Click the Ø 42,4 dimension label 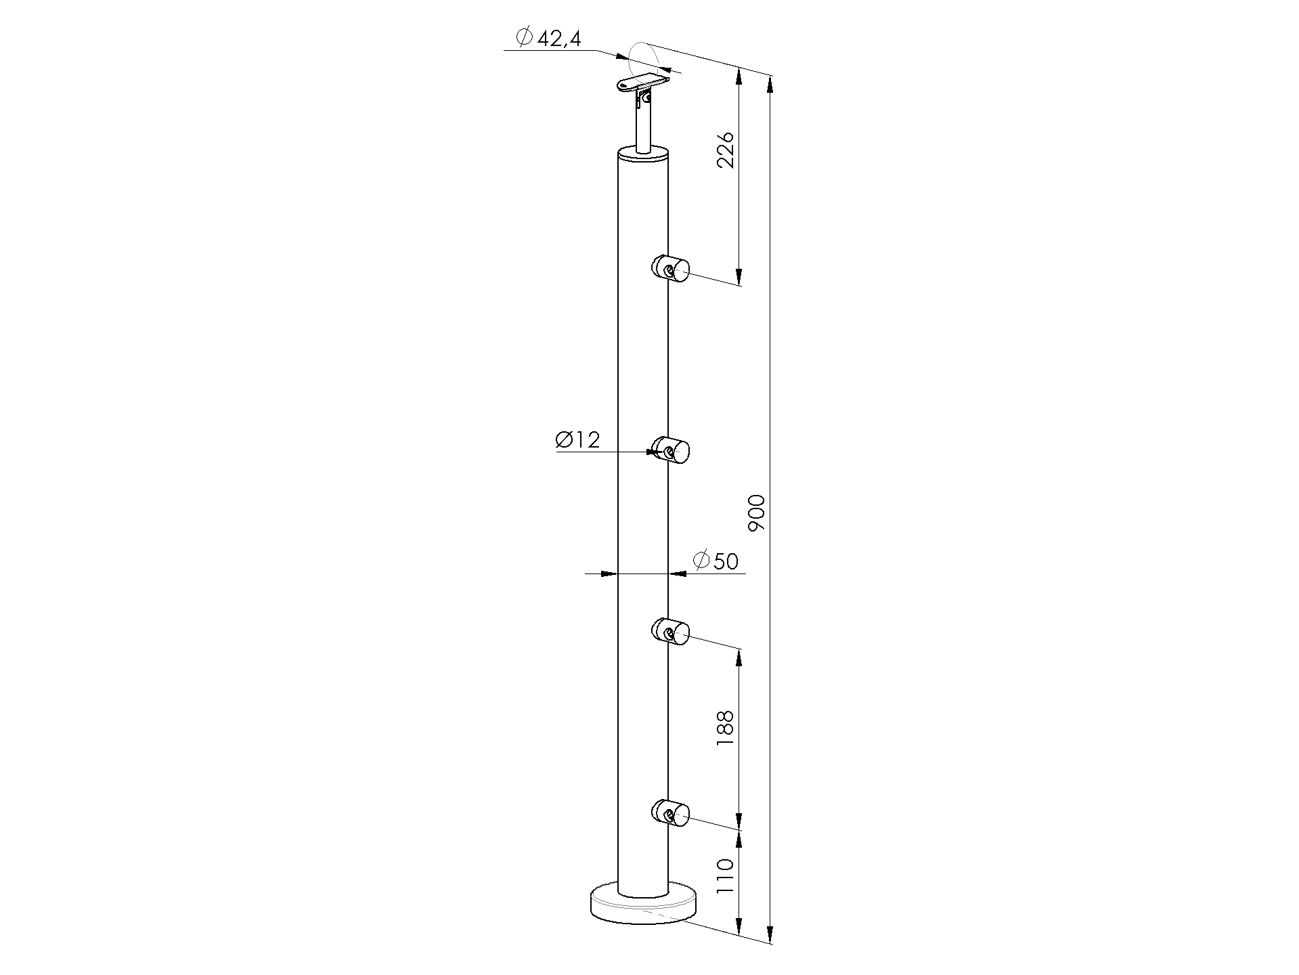pos(548,38)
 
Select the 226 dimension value pos(725,150)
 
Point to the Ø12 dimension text pos(577,440)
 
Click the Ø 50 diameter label pos(715,561)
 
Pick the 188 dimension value pos(725,729)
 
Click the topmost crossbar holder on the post pos(669,269)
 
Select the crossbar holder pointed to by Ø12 pos(669,451)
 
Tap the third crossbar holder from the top pos(669,631)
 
